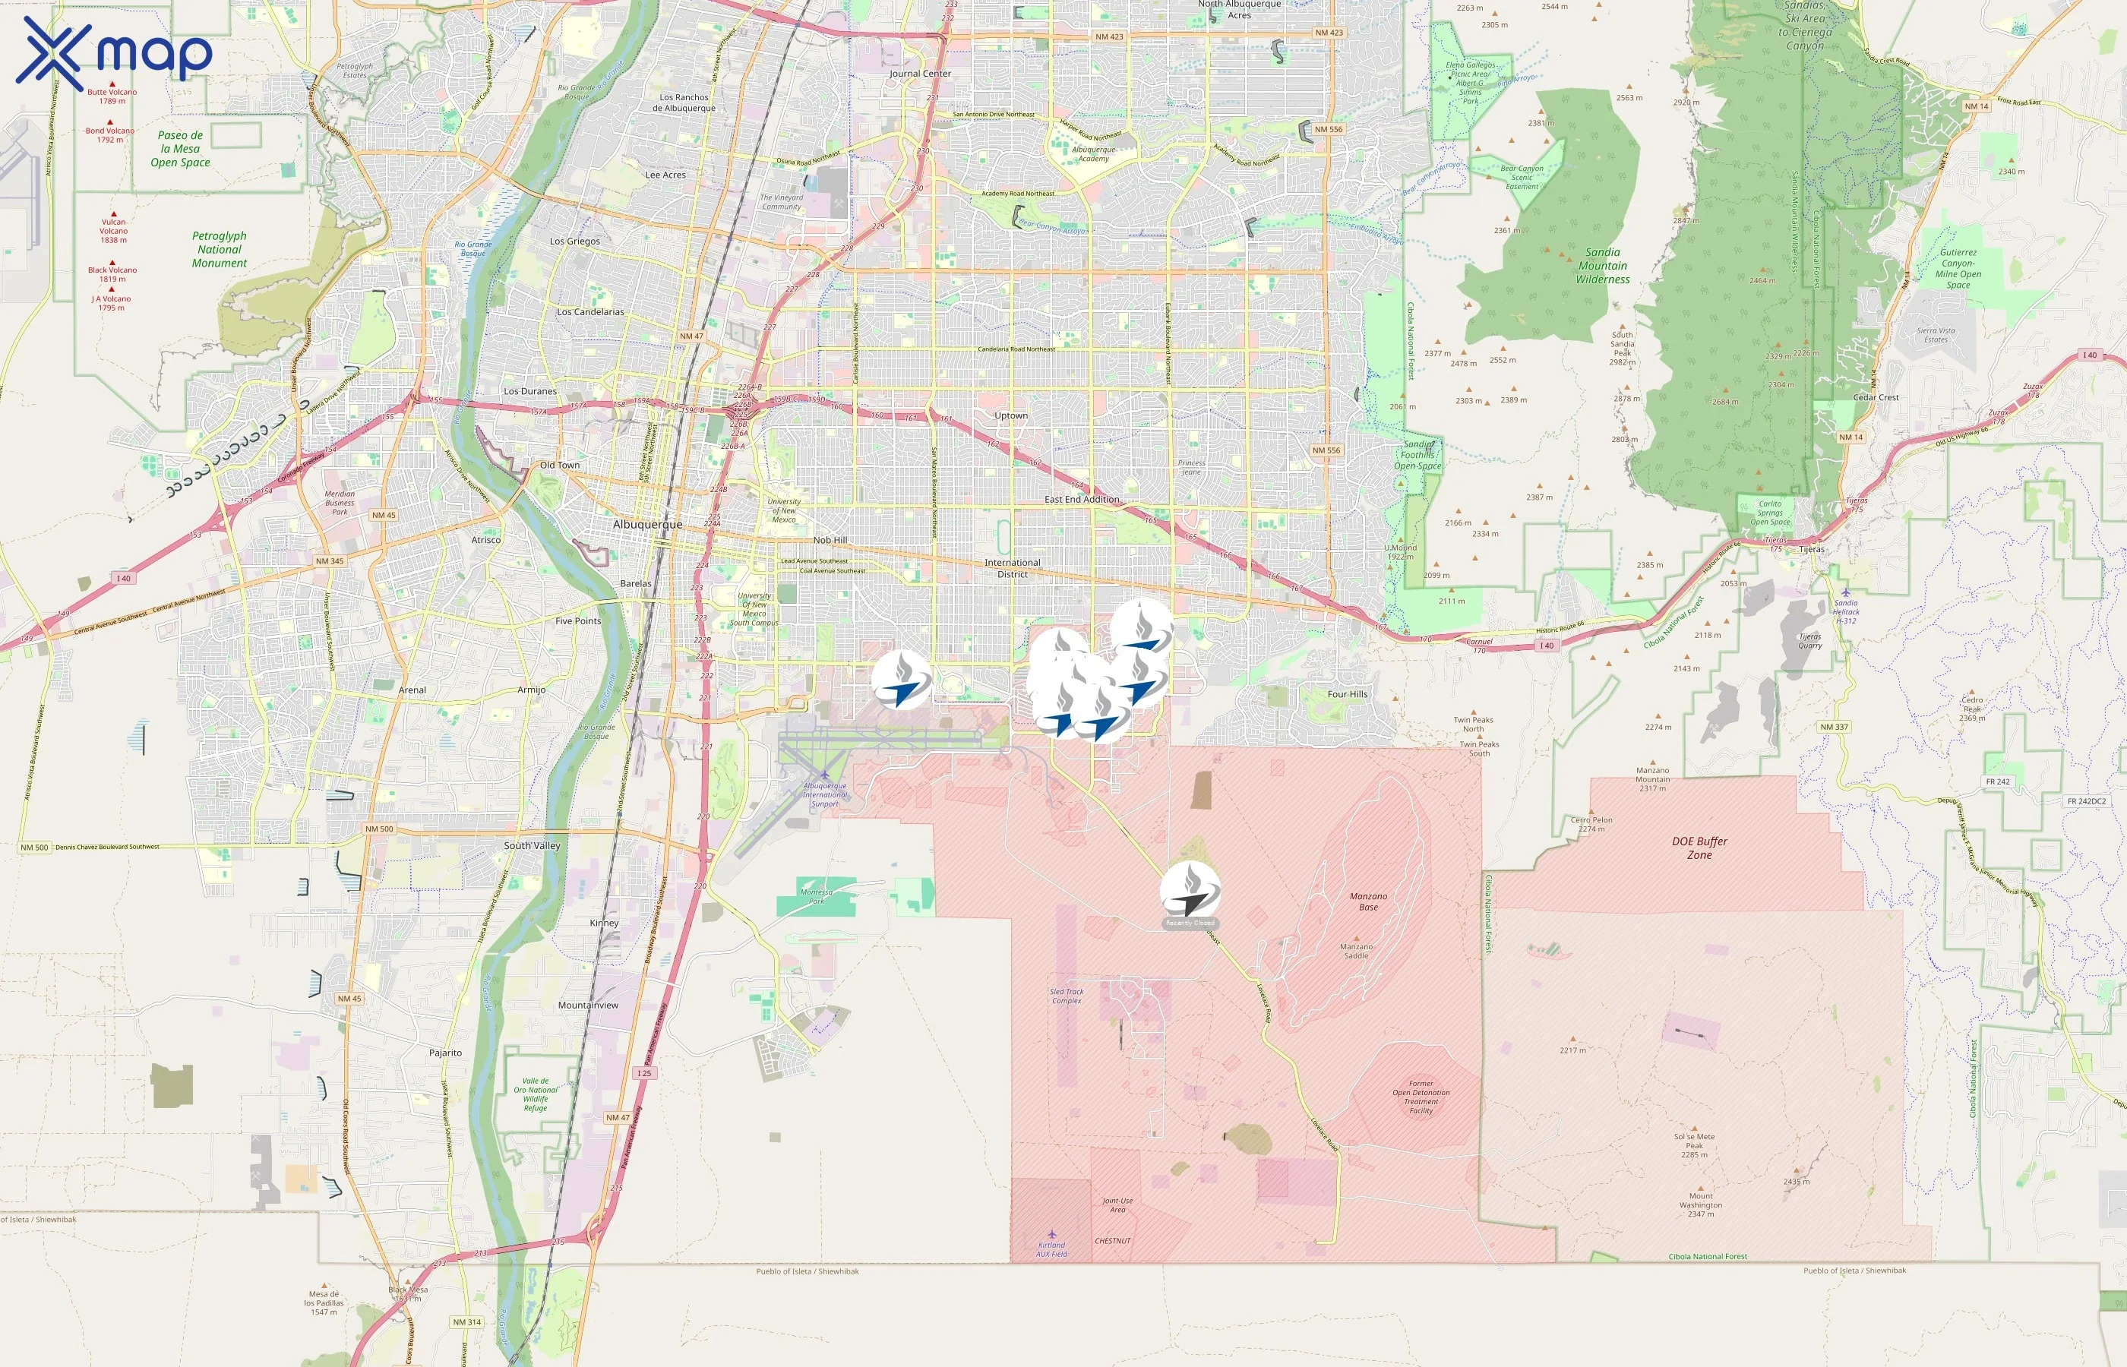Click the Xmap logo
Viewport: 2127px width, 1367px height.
coord(114,53)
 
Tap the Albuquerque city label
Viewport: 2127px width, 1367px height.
coord(647,525)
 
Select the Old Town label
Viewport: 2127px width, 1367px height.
coord(559,465)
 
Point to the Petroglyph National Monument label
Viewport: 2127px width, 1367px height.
coord(220,249)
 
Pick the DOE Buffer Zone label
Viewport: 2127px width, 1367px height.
coord(1699,848)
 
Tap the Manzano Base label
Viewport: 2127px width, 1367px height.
coord(1368,902)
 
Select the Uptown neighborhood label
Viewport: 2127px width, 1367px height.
coord(1011,415)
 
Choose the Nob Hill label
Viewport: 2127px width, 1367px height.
coord(830,540)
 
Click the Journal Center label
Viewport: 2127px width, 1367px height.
coord(920,74)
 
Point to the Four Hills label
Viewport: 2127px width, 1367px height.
coord(1347,694)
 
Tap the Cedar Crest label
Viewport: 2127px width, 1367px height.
coord(1876,398)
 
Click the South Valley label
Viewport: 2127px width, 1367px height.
coord(532,846)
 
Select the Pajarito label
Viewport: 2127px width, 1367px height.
coord(446,1053)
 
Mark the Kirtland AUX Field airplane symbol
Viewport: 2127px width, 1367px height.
coord(1052,1234)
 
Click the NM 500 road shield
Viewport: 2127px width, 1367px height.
coord(379,829)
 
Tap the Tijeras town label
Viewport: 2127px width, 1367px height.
coord(1811,550)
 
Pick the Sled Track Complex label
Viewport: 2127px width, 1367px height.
coord(1067,996)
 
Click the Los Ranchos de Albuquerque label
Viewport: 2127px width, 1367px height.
coord(684,103)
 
